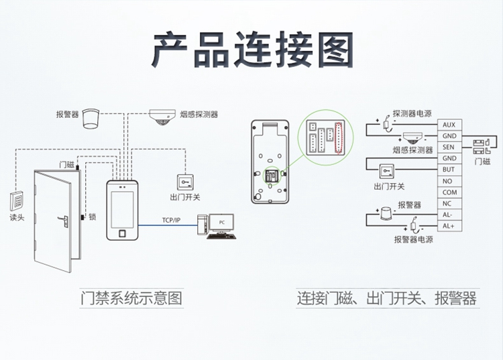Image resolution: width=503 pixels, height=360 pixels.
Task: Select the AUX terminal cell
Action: [x=449, y=125]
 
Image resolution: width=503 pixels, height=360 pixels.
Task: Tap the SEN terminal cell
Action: [x=449, y=147]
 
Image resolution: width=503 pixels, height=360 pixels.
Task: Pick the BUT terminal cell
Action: [x=449, y=170]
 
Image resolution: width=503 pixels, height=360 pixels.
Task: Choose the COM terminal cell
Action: [x=449, y=192]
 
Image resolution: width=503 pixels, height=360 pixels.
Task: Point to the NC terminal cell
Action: [x=449, y=203]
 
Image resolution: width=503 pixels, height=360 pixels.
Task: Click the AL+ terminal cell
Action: [x=449, y=226]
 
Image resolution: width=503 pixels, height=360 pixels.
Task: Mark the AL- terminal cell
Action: [x=449, y=215]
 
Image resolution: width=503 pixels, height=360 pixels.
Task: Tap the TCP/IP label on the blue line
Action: [x=171, y=220]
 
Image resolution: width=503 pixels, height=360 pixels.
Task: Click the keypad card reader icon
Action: [x=17, y=200]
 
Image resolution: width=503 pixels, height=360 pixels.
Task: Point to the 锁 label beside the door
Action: [x=93, y=217]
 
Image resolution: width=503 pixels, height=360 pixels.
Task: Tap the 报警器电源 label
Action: [x=414, y=239]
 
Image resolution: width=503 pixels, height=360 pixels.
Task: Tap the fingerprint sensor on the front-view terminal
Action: [x=122, y=234]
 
